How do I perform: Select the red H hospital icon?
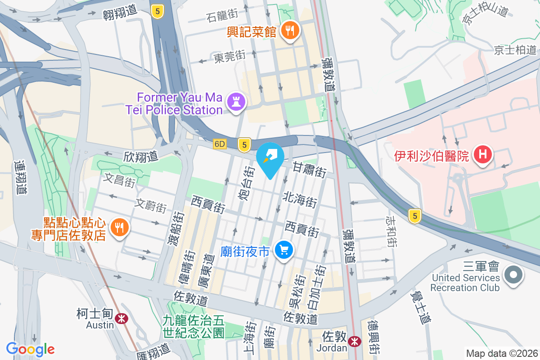point(483,155)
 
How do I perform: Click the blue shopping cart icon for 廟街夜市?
point(283,250)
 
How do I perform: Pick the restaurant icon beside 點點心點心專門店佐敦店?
point(119,228)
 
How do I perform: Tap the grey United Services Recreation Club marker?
point(514,274)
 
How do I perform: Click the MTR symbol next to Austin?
point(121,319)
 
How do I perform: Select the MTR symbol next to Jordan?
point(355,342)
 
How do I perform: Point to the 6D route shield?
point(219,144)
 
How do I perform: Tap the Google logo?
point(31,349)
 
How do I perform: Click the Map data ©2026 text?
point(501,353)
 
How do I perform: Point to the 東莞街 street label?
point(229,57)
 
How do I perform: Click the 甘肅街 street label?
point(310,169)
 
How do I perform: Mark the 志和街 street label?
point(391,231)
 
